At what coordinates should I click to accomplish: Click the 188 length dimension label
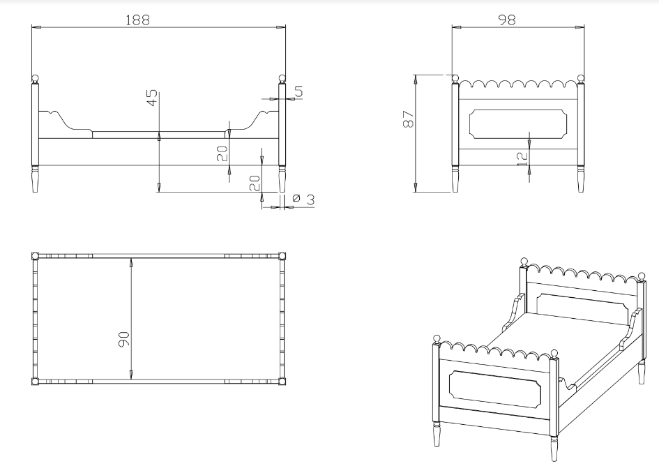pyautogui.click(x=138, y=20)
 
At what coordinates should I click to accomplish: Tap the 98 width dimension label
pyautogui.click(x=506, y=20)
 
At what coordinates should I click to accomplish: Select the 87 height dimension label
pyautogui.click(x=408, y=119)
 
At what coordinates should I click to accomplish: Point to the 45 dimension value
pyautogui.click(x=152, y=98)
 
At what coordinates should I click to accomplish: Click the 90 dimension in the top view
pyautogui.click(x=124, y=340)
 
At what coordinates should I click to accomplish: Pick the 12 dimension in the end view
pyautogui.click(x=522, y=158)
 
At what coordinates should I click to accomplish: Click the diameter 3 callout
pyautogui.click(x=303, y=199)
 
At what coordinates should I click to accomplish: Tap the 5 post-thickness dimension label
pyautogui.click(x=299, y=91)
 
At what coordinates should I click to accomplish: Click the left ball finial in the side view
pyautogui.click(x=36, y=79)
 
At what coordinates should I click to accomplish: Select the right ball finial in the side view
pyautogui.click(x=282, y=79)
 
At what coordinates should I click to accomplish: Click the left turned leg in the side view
pyautogui.click(x=36, y=179)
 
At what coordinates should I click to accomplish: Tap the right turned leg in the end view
pyautogui.click(x=581, y=179)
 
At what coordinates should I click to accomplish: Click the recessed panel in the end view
pyautogui.click(x=517, y=124)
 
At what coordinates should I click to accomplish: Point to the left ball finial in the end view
pyautogui.click(x=455, y=79)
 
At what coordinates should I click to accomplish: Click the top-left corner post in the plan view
pyautogui.click(x=36, y=256)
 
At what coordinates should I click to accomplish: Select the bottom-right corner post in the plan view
pyautogui.click(x=282, y=382)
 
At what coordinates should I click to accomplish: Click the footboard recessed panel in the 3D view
pyautogui.click(x=494, y=389)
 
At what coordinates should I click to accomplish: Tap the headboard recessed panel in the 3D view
pyautogui.click(x=584, y=309)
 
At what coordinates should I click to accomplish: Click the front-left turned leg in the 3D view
pyautogui.click(x=437, y=434)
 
